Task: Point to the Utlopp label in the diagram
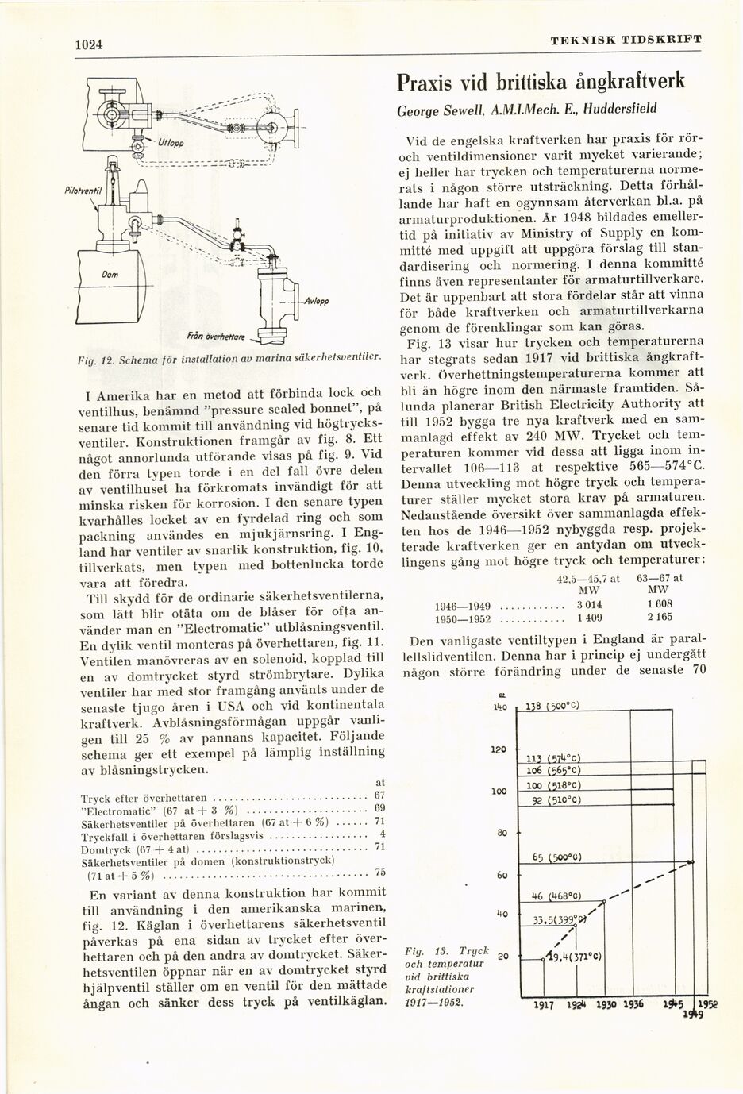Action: click(x=170, y=144)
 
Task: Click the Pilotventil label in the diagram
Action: click(x=81, y=192)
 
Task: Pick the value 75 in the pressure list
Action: click(x=379, y=872)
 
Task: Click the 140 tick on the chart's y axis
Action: click(x=500, y=707)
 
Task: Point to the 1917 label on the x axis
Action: click(x=543, y=1003)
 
